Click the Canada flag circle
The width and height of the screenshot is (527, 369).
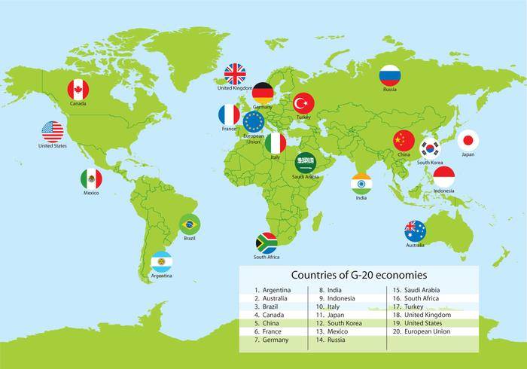(x=78, y=90)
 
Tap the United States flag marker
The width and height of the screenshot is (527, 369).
(x=53, y=132)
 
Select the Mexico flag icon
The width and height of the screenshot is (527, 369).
(x=91, y=179)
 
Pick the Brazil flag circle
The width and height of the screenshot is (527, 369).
(x=190, y=224)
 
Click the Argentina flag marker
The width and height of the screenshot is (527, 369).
(x=161, y=262)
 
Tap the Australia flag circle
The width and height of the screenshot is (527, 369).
(x=415, y=230)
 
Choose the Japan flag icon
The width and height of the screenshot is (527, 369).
(x=468, y=141)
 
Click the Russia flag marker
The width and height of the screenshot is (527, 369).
(x=389, y=75)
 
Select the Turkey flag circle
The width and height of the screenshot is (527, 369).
(x=303, y=103)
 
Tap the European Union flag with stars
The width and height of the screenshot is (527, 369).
(x=253, y=121)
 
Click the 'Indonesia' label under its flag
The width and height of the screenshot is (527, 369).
(x=444, y=191)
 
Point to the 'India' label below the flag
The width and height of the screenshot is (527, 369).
(x=361, y=199)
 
